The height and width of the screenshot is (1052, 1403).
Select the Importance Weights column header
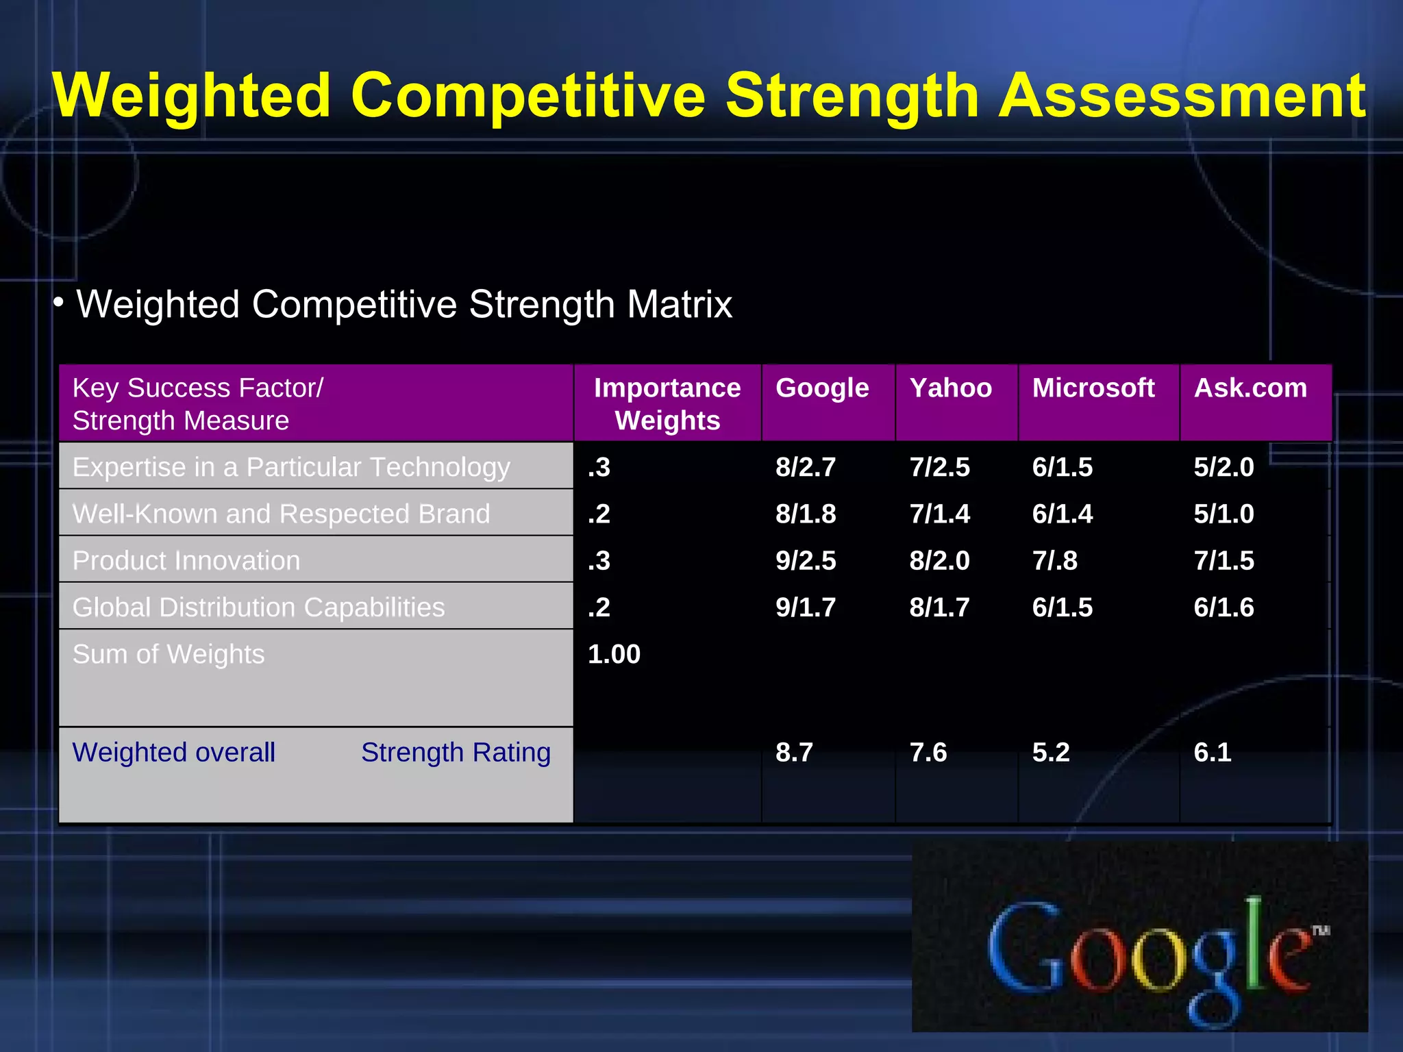667,403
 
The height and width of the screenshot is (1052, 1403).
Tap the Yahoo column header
950,388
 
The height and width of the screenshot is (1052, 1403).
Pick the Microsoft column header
1093,388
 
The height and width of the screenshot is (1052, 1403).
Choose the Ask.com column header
1250,388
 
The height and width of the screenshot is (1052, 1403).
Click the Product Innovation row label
186,560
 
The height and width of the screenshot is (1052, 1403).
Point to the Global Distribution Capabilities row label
258,608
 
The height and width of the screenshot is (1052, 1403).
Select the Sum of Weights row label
169,654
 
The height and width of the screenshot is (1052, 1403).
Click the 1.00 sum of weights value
614,654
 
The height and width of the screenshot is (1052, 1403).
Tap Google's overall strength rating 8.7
794,752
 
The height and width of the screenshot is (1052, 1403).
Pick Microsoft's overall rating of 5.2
1051,752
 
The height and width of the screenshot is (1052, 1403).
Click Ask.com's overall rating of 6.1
1213,752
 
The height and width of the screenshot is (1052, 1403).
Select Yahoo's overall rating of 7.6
928,752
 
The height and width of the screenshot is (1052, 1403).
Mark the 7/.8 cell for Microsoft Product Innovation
1055,560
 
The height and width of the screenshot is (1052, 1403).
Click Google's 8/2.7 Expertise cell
806,467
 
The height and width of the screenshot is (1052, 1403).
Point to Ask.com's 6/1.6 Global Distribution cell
1224,608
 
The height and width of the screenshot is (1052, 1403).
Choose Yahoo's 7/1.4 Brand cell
939,514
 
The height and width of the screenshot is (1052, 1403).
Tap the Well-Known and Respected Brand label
281,514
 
